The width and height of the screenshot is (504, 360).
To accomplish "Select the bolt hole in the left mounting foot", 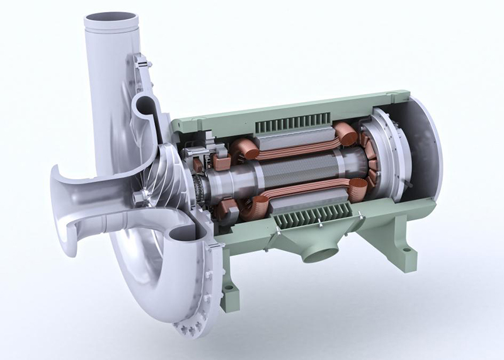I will click(x=228, y=289).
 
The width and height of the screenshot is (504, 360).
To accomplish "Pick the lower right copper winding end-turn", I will click(x=358, y=189).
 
